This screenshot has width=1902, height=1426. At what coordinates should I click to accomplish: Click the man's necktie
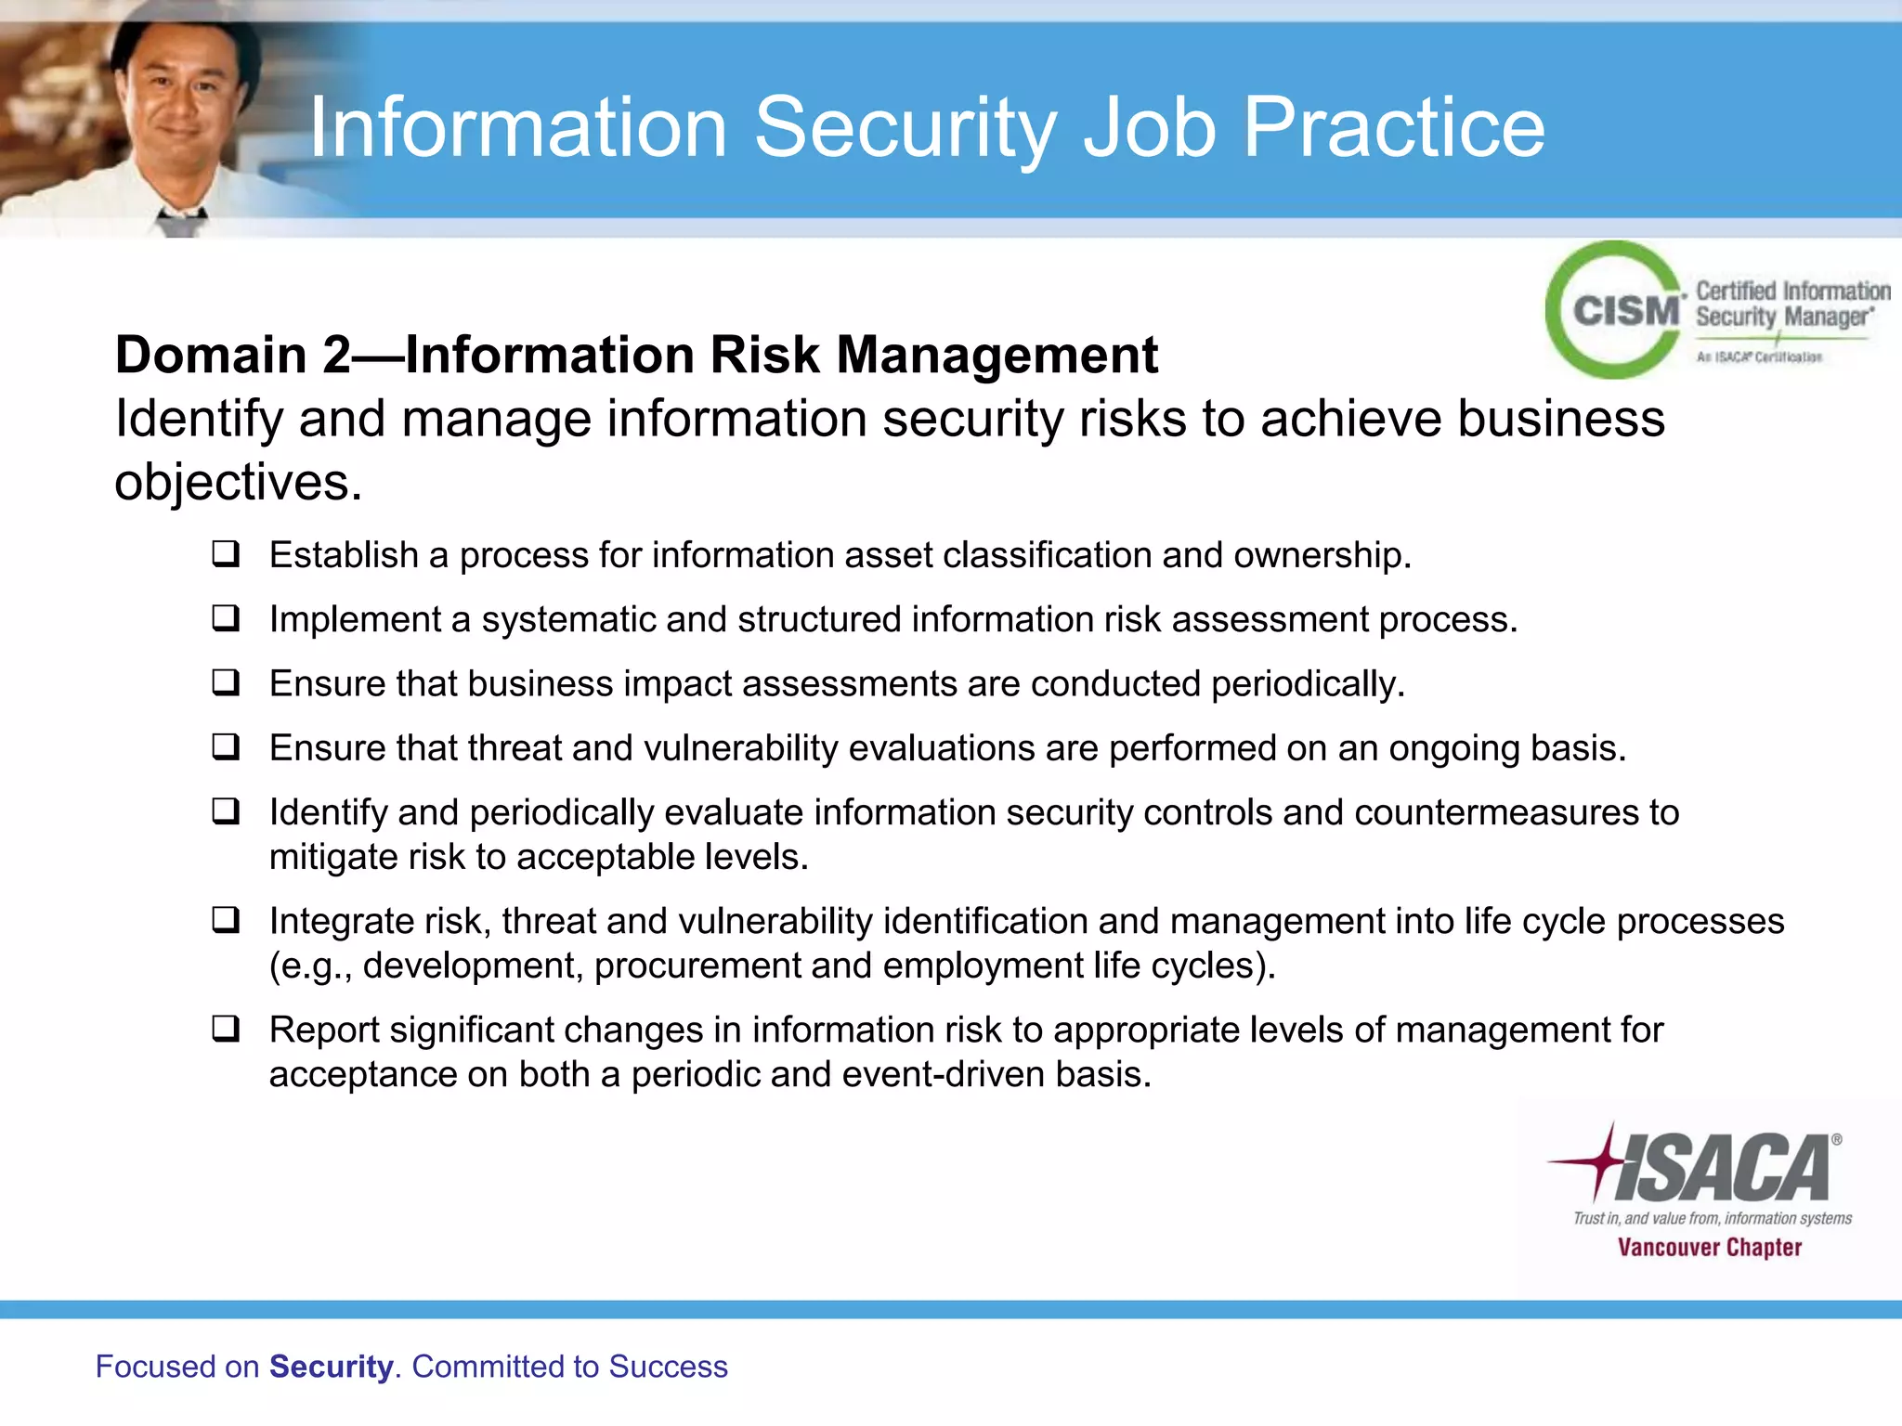[x=180, y=222]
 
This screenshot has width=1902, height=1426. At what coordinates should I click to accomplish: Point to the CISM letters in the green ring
[x=1626, y=311]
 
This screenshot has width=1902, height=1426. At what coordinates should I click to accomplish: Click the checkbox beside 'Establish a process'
[x=226, y=554]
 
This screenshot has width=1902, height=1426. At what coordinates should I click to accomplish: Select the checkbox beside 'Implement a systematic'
[x=226, y=618]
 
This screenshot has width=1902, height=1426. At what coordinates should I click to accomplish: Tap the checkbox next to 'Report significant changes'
[x=226, y=1029]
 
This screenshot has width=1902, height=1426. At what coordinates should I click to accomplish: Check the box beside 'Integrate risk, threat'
[x=226, y=920]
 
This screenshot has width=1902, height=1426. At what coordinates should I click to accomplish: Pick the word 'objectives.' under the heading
[x=238, y=483]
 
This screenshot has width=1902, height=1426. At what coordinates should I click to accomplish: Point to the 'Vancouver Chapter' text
[x=1709, y=1248]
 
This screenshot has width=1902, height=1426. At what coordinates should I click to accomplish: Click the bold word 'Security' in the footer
[x=331, y=1367]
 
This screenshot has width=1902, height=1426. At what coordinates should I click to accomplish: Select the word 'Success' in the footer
[x=668, y=1367]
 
